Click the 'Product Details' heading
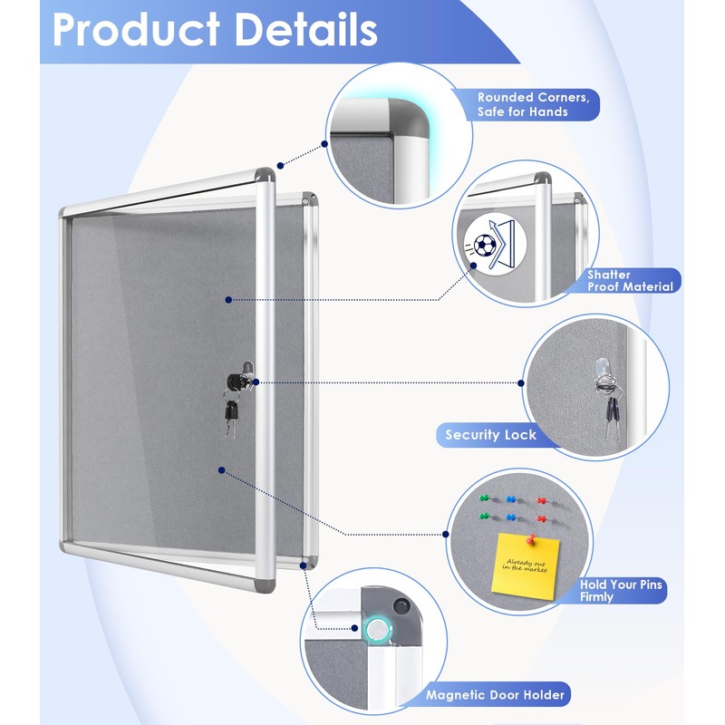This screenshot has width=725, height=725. [215, 29]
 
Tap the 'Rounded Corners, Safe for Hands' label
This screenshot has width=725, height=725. [534, 104]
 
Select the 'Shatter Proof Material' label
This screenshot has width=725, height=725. [630, 281]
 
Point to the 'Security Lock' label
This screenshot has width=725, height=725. [490, 435]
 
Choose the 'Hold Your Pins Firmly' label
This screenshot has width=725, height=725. [621, 591]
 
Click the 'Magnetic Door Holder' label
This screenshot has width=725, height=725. [495, 695]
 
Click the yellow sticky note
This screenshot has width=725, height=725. [526, 566]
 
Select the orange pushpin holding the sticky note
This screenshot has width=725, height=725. [531, 539]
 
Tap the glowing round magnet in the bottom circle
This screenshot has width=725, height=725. [378, 629]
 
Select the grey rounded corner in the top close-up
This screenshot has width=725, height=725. [410, 117]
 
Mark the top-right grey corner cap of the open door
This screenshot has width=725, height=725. [265, 174]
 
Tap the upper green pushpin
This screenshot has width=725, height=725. [485, 498]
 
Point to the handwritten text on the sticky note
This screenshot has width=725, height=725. [526, 565]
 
